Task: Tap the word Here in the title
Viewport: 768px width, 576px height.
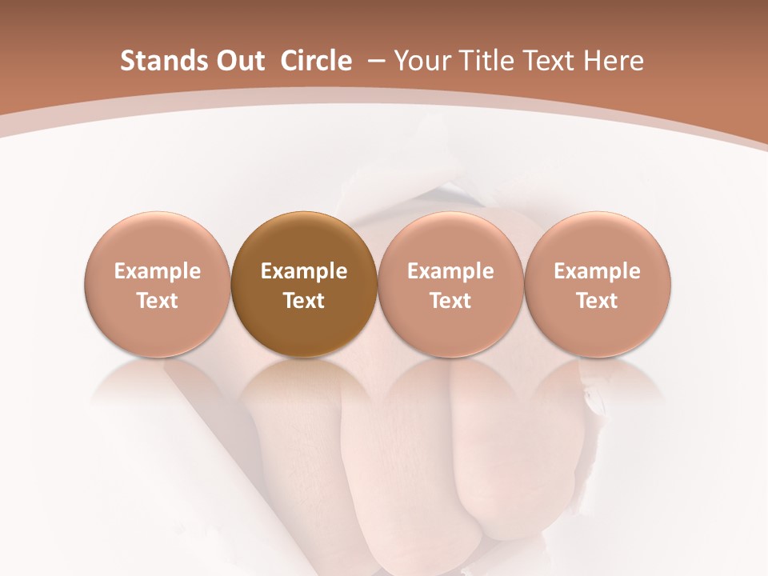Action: point(614,61)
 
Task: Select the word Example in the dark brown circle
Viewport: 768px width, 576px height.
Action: point(303,272)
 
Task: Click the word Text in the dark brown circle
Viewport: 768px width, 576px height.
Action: point(303,301)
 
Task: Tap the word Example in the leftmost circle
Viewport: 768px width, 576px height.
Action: point(157,272)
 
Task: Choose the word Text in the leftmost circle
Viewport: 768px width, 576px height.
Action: point(157,301)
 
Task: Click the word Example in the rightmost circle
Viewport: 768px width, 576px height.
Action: point(597,272)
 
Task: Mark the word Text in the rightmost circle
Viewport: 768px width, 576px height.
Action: point(597,301)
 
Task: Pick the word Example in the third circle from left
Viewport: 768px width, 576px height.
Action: point(450,272)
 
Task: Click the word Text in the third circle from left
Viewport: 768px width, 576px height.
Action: point(450,301)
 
